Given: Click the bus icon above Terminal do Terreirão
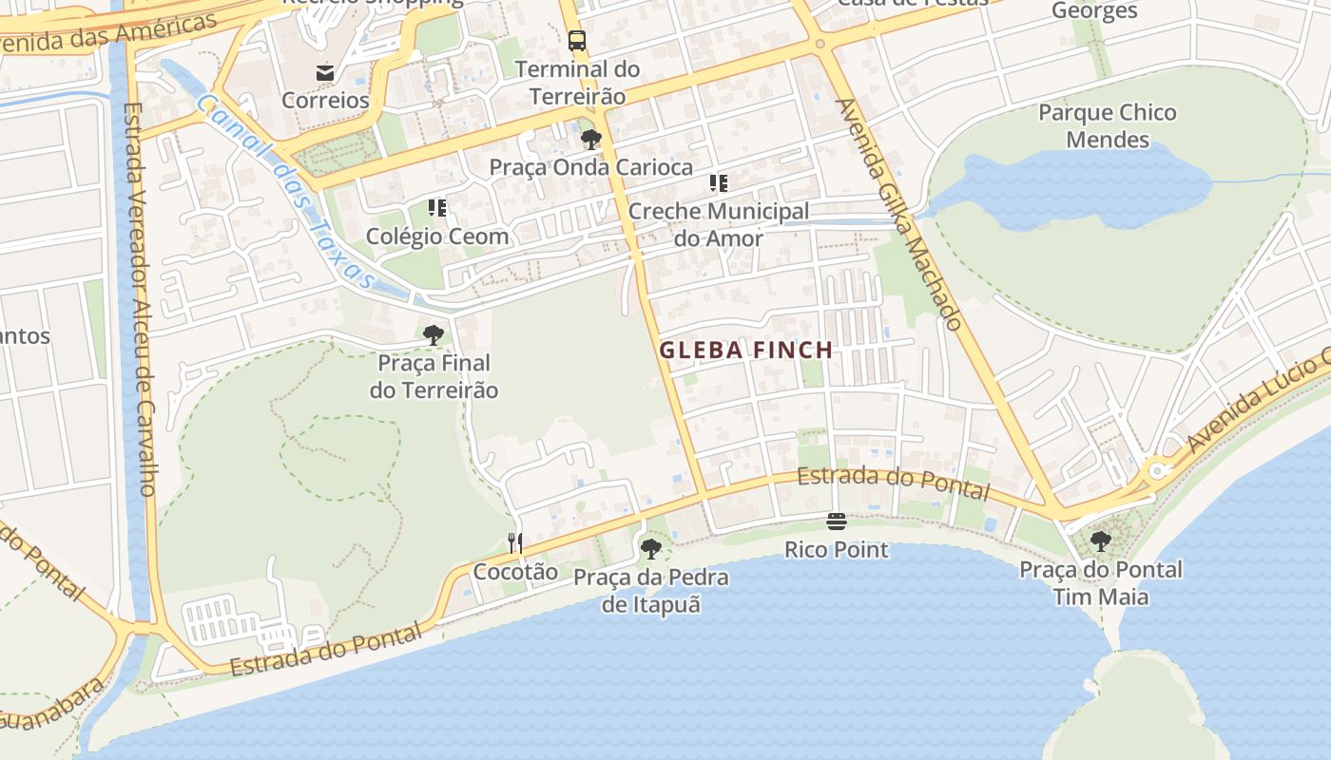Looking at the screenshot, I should click(x=577, y=41).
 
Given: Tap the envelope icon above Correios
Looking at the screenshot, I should click(x=325, y=73).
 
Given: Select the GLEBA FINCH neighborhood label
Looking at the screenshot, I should click(x=746, y=350).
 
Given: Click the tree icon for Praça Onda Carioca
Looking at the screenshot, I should click(x=590, y=141).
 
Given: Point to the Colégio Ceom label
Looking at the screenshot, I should click(x=438, y=236).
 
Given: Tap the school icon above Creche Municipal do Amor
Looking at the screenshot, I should click(x=719, y=183).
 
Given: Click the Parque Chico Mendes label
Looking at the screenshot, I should click(x=1107, y=125).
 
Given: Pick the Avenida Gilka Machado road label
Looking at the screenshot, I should click(x=899, y=214).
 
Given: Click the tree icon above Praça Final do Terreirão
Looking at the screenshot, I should click(x=434, y=334).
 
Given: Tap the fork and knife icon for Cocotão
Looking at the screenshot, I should click(x=515, y=543).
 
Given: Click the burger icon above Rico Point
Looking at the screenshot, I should click(x=837, y=522).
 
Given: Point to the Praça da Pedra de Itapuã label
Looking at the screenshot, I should click(x=651, y=590).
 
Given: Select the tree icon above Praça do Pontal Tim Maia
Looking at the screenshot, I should click(x=1101, y=541).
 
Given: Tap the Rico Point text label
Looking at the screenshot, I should click(x=837, y=549).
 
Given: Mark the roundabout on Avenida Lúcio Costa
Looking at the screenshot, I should click(x=1158, y=470).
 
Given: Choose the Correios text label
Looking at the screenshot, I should click(x=325, y=100).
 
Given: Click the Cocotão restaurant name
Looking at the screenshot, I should click(x=515, y=571).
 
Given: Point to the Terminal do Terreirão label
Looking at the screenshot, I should click(x=577, y=83).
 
